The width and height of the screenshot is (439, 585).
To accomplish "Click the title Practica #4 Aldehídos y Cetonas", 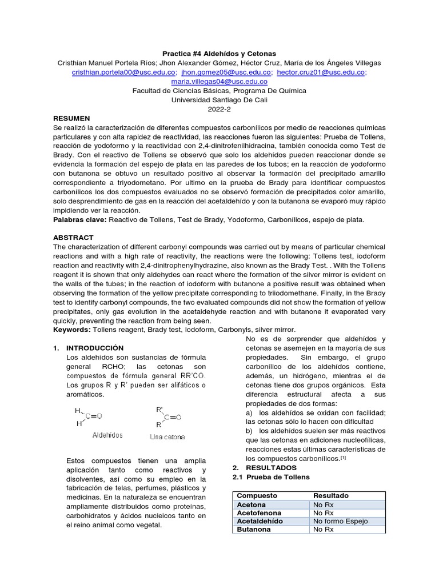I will click(x=219, y=53).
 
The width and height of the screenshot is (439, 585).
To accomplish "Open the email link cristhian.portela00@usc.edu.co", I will click(x=123, y=73).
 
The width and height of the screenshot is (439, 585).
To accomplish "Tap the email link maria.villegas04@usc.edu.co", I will click(x=219, y=82).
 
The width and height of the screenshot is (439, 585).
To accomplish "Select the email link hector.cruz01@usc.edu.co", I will click(x=321, y=73).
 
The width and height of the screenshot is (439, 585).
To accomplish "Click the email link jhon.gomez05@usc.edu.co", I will click(x=226, y=73).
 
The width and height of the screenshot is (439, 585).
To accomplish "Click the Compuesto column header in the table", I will click(x=257, y=496).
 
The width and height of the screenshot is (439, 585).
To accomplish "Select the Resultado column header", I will click(x=330, y=496).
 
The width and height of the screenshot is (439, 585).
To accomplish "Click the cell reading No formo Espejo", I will click(x=340, y=521).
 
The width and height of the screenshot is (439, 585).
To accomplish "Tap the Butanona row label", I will click(x=254, y=530).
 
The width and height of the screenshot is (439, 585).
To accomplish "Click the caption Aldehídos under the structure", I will click(x=107, y=435).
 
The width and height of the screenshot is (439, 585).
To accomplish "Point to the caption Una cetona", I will click(x=167, y=436).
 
